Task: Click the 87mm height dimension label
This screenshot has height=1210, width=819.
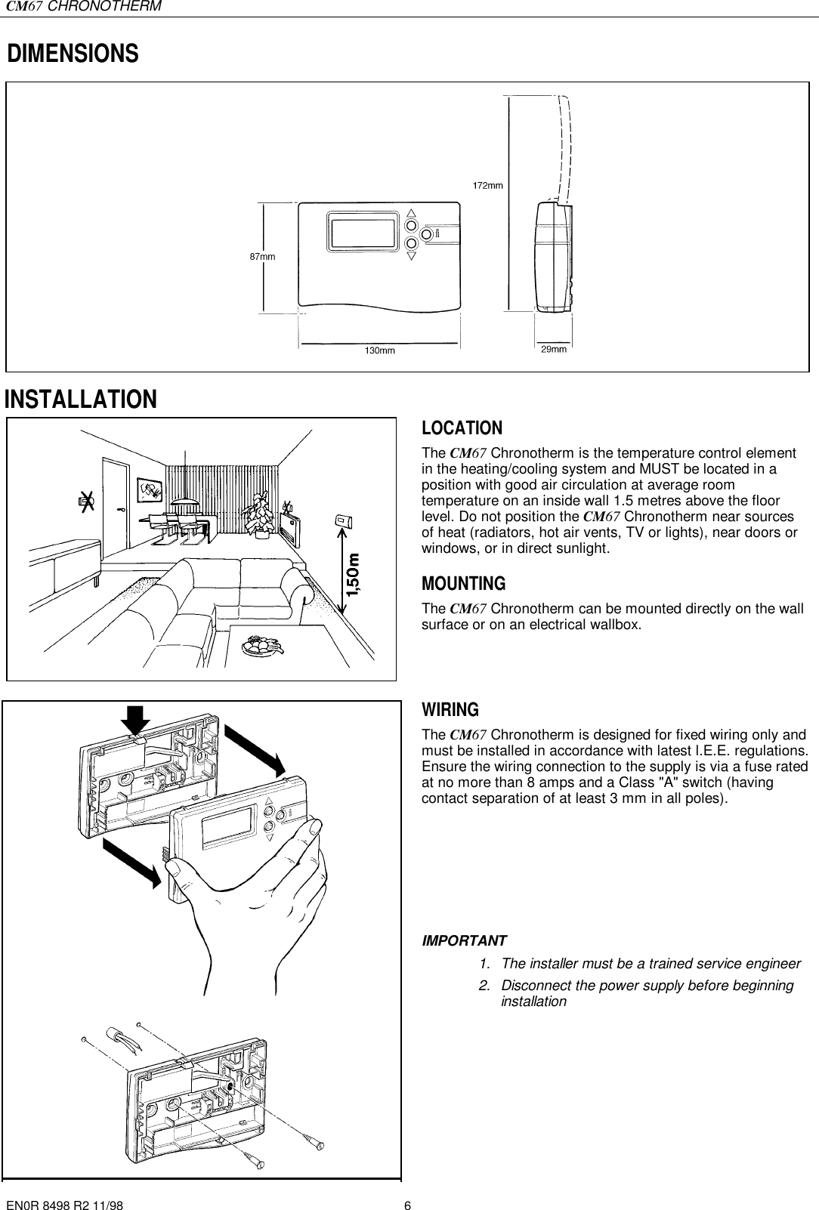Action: point(262,256)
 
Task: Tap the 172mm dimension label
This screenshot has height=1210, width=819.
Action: point(488,184)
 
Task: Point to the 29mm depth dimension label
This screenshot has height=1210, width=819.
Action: point(554,350)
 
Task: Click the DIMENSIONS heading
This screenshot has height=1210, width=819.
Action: point(73,54)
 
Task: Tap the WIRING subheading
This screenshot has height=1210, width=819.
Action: point(450,710)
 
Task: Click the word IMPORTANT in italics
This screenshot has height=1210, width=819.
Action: point(464,941)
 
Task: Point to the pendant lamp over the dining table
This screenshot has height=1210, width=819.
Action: point(184,499)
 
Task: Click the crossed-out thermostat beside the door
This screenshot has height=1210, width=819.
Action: point(87,499)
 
